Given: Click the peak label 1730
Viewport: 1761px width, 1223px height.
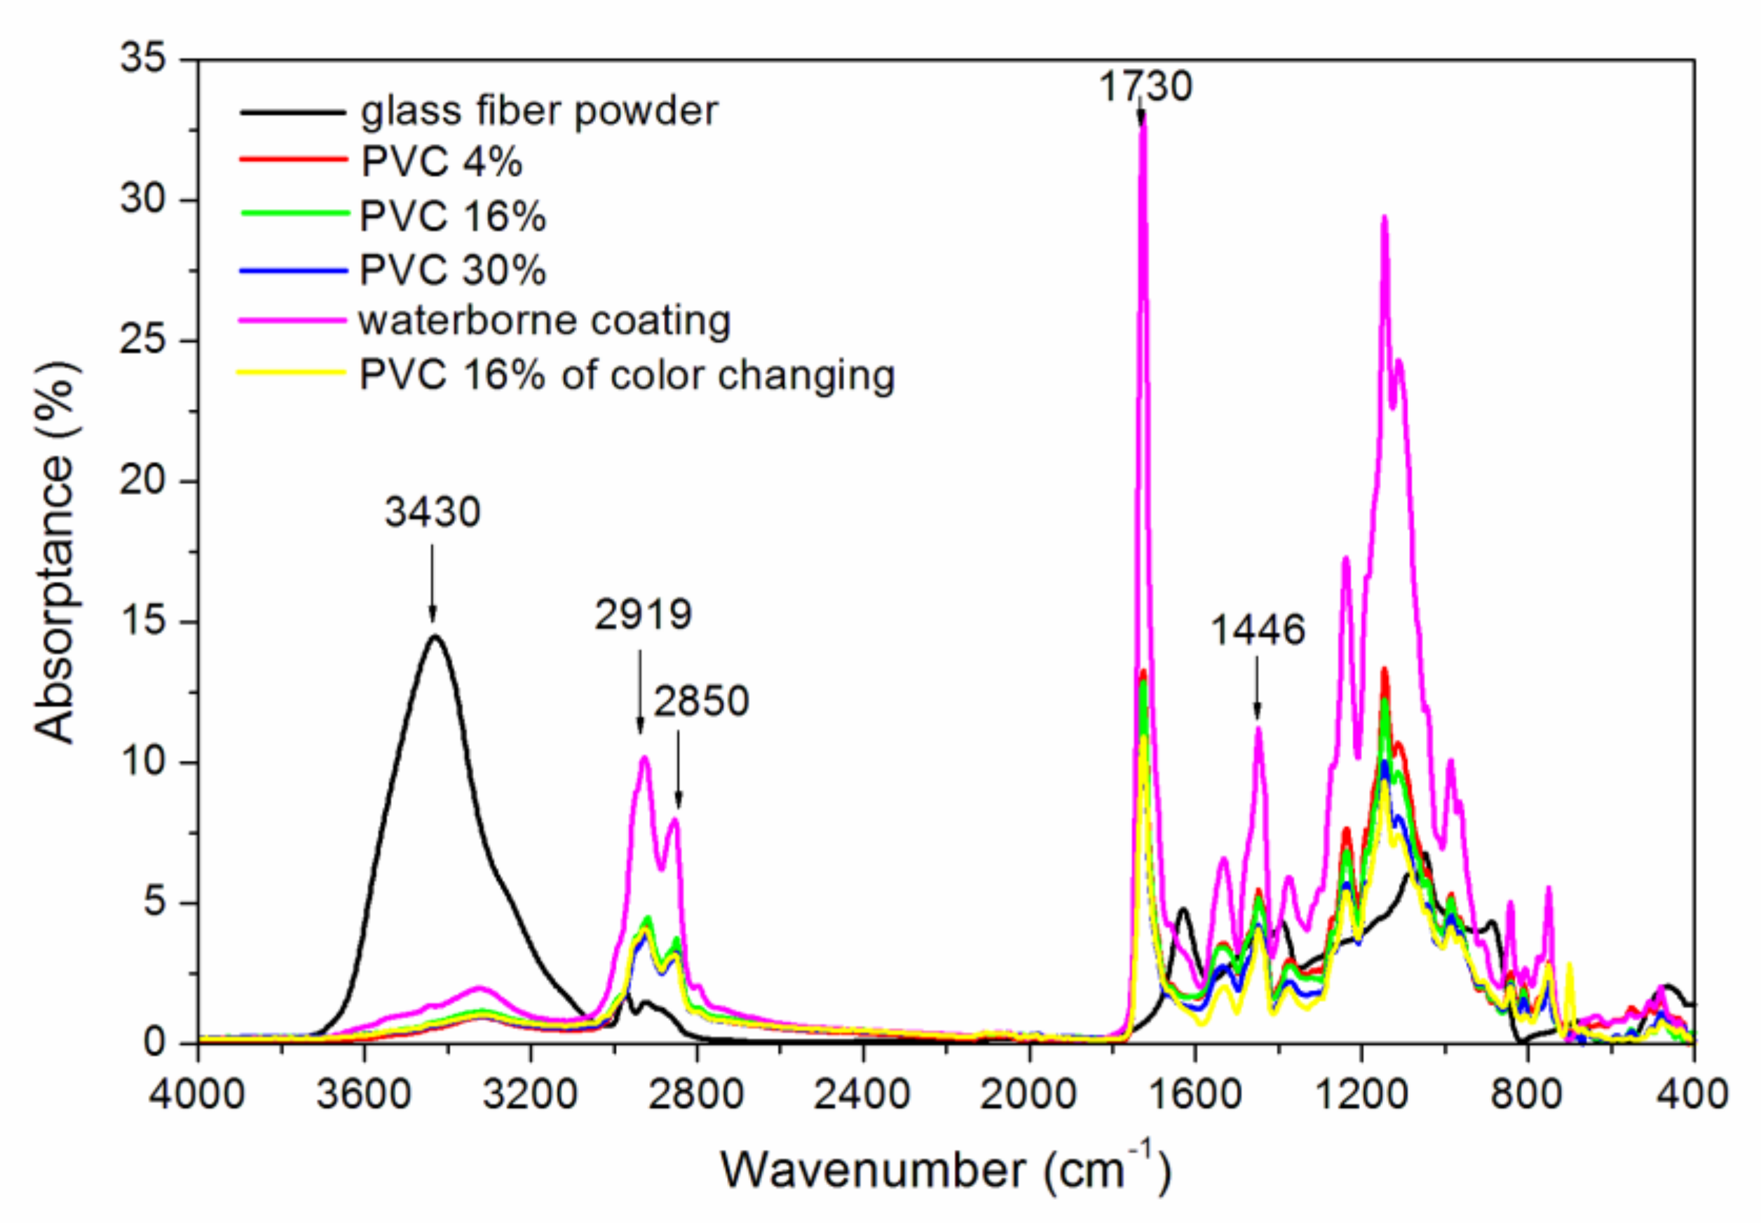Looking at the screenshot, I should point(1145,86).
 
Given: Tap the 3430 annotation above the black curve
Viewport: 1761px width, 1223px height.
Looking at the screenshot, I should point(432,511).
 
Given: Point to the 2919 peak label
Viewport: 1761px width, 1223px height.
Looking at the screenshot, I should point(644,614).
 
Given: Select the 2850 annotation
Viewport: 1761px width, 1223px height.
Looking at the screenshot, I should point(701,701).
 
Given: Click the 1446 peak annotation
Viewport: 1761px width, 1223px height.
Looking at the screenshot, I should point(1257,630).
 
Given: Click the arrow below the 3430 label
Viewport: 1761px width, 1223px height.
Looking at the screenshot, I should point(432,582).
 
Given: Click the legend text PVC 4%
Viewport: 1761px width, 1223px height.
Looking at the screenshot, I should point(441,162).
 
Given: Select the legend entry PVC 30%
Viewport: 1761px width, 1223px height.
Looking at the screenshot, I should point(453,270).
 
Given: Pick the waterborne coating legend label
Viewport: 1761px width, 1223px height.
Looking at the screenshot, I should point(545,320).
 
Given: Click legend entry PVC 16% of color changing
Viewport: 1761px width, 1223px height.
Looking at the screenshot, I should point(627,374).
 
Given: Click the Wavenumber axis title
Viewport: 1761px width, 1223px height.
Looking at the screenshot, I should point(945,1170).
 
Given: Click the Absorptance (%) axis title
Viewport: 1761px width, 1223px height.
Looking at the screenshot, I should point(55,552).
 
